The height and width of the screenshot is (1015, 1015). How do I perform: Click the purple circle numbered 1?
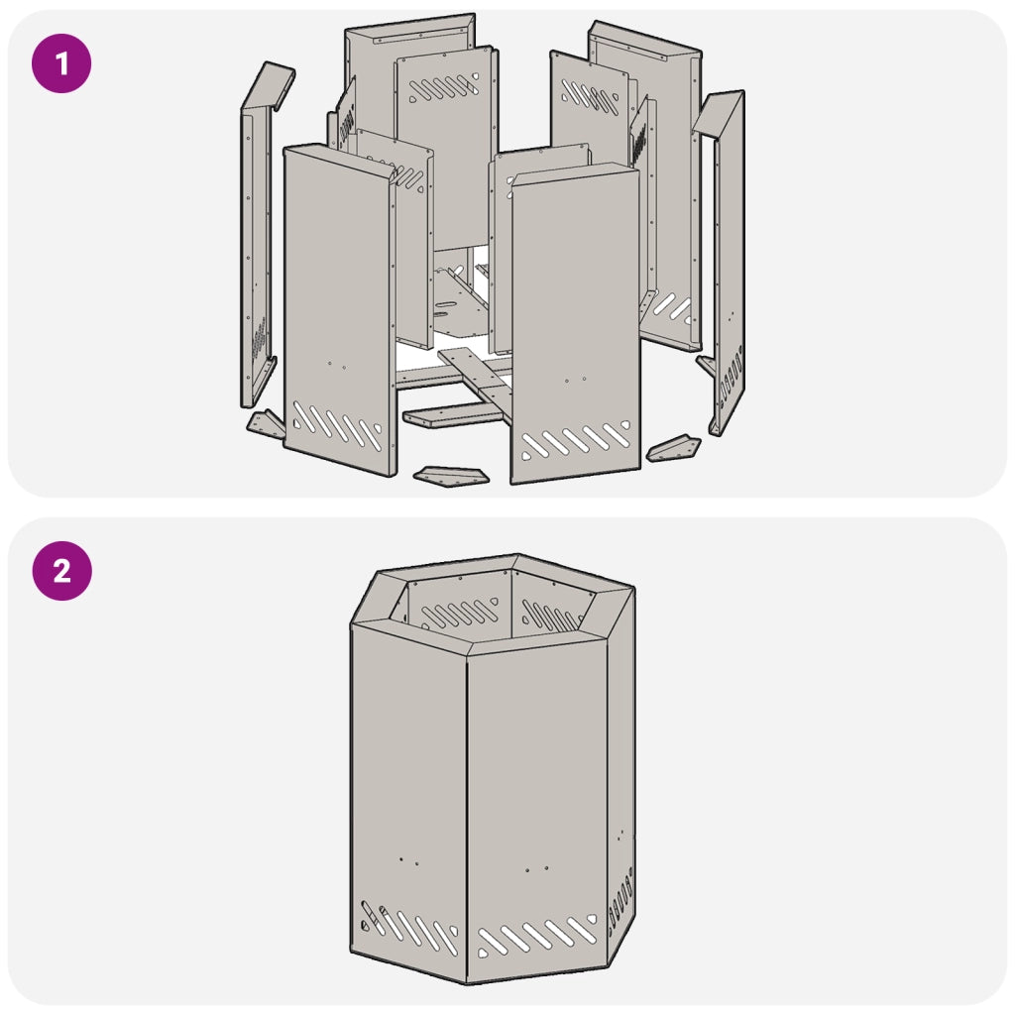(61, 63)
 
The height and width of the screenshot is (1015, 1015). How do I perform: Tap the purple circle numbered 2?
(62, 571)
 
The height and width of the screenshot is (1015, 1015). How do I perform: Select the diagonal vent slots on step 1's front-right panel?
(576, 441)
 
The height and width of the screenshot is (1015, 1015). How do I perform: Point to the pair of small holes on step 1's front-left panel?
(337, 365)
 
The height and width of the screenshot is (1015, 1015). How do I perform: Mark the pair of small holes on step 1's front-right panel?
(575, 380)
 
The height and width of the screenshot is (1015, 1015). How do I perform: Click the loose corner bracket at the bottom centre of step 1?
(451, 475)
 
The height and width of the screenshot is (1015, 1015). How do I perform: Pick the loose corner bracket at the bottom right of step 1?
(674, 448)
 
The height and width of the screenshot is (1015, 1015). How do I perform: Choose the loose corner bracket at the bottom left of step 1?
(266, 424)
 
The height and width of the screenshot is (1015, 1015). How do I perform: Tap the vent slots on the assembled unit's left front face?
(409, 928)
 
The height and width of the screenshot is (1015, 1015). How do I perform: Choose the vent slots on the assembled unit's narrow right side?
(620, 900)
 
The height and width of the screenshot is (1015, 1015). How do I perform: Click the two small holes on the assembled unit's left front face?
(408, 861)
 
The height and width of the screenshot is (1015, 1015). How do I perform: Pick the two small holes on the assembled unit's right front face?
(537, 868)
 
